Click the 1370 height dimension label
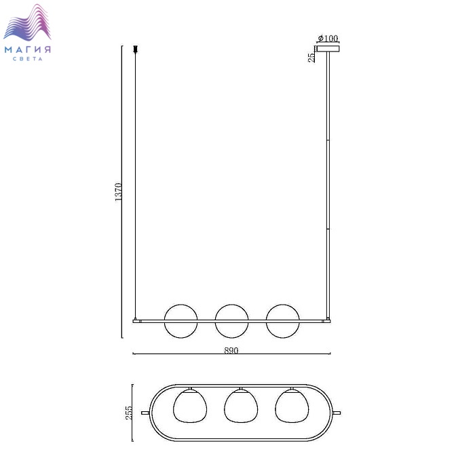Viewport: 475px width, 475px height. click(119, 192)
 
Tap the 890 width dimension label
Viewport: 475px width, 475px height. click(231, 350)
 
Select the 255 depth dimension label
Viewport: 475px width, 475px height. click(129, 413)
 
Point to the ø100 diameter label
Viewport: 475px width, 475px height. click(328, 38)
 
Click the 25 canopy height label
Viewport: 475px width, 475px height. click(311, 58)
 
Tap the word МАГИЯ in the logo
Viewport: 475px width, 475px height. click(28, 50)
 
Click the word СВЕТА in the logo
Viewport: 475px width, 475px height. click(28, 59)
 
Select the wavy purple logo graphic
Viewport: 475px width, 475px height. click(27, 22)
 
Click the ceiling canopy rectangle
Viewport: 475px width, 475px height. click(328, 48)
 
